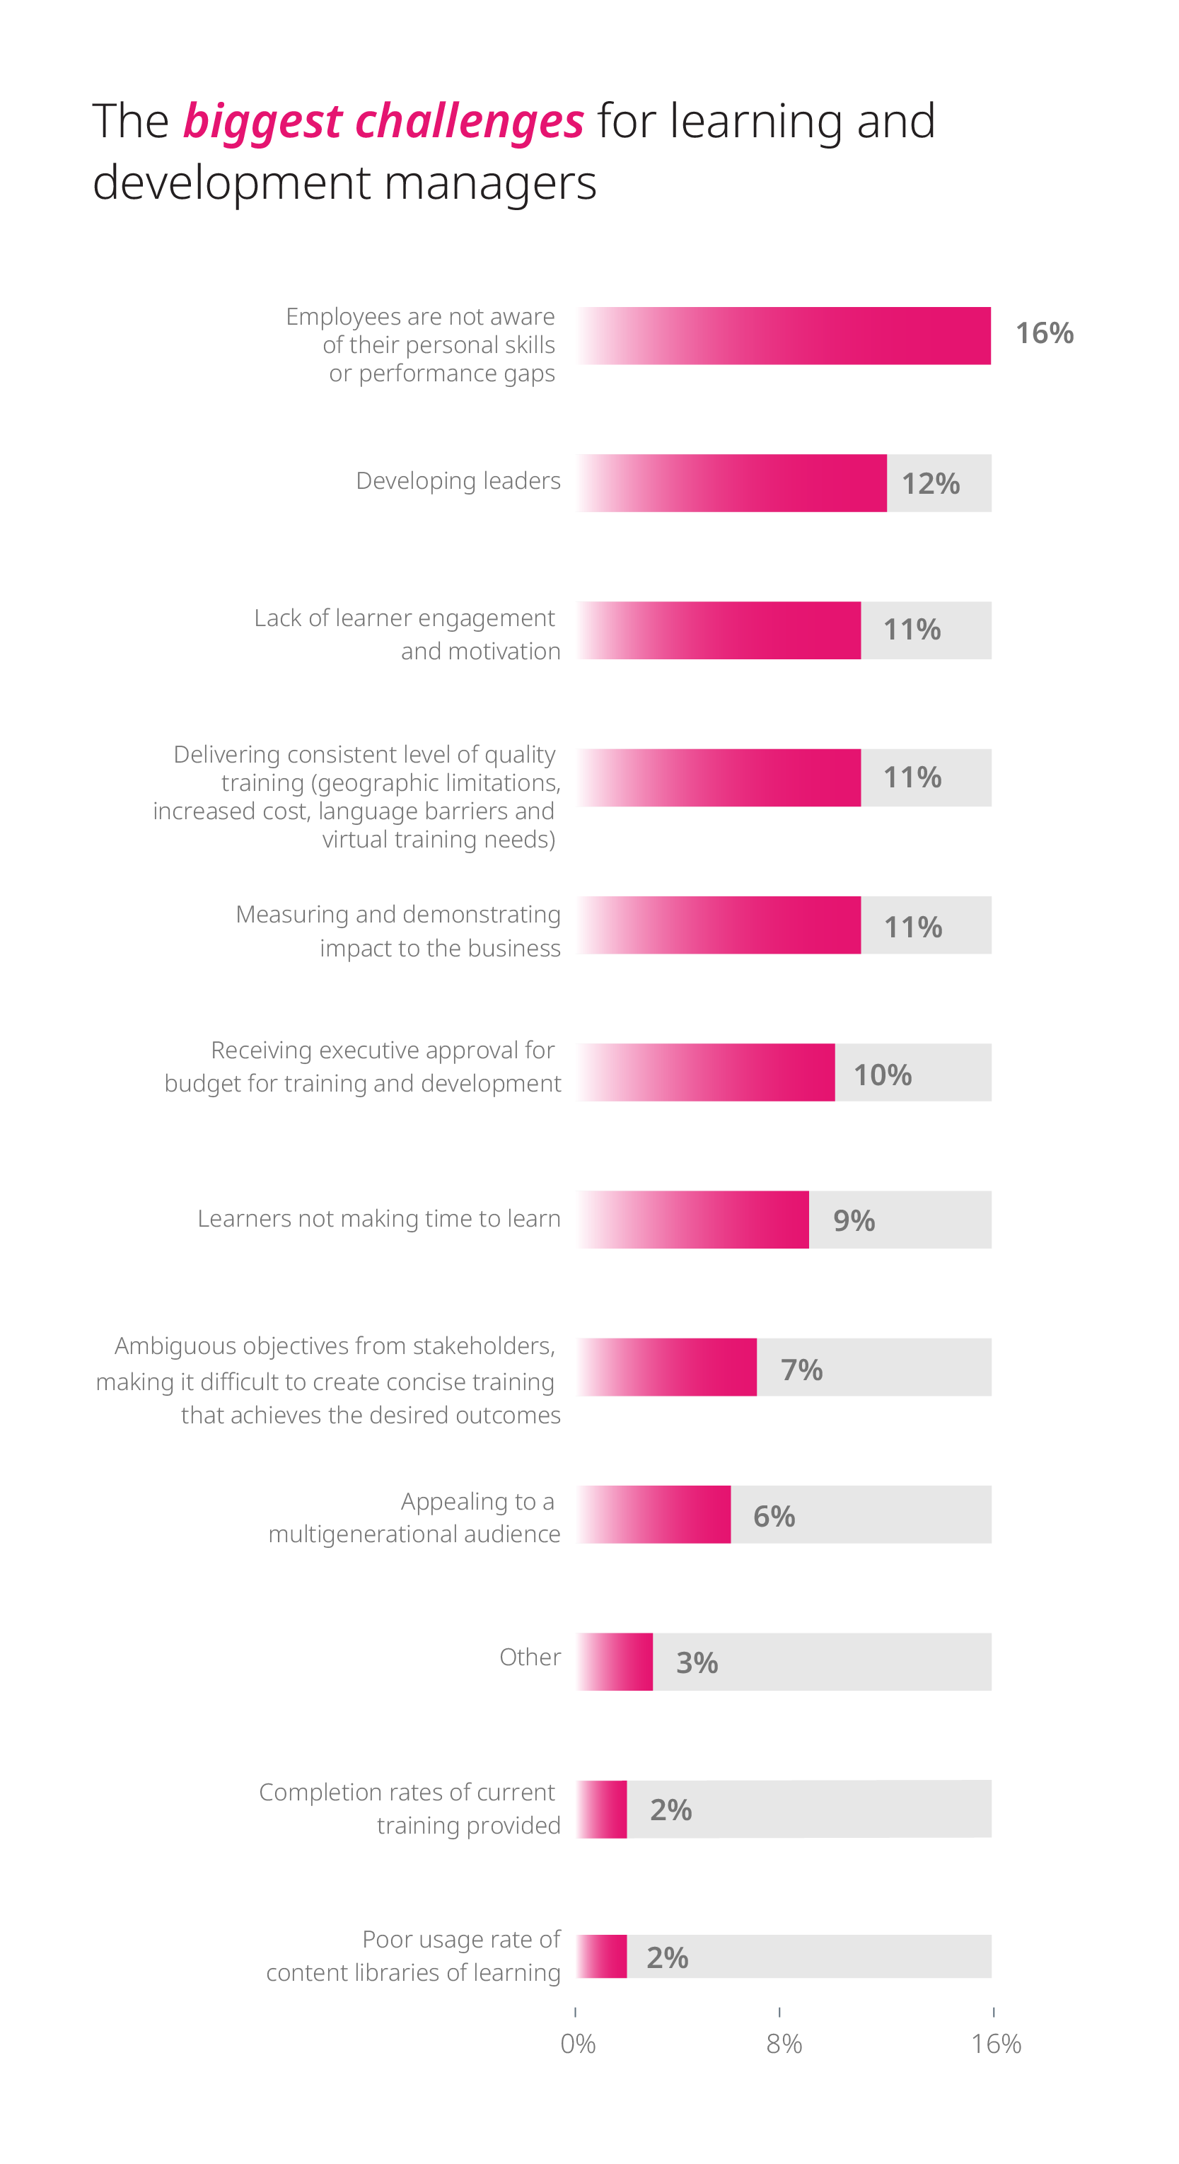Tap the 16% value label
click(x=1045, y=333)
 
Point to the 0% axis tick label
click(x=578, y=2043)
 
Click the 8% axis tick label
click(x=784, y=2043)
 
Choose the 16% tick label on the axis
click(x=996, y=2043)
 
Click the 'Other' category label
click(x=530, y=1657)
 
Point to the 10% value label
click(x=883, y=1075)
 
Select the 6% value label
click(x=774, y=1516)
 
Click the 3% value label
click(x=697, y=1663)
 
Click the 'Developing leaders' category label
click(x=458, y=480)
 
